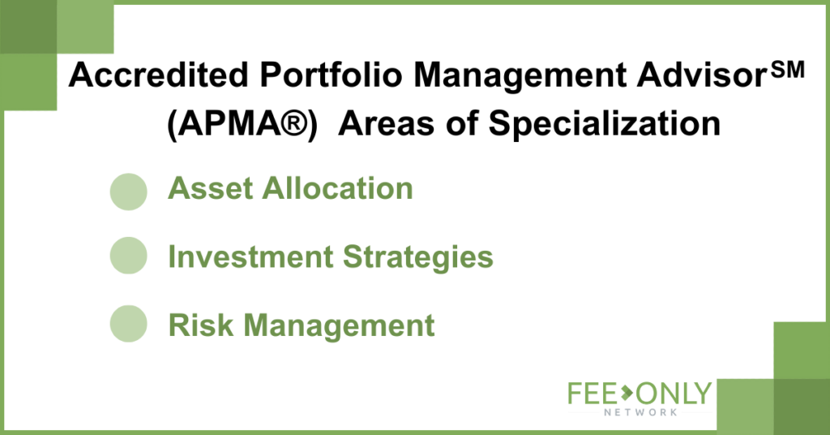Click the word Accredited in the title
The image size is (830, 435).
click(158, 75)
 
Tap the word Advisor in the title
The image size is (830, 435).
click(701, 75)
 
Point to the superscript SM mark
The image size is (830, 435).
click(788, 70)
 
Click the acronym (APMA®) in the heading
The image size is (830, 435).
click(242, 124)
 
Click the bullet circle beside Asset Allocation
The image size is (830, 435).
click(129, 192)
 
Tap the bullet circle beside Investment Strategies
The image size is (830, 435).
click(129, 256)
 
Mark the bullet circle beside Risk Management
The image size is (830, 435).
click(129, 324)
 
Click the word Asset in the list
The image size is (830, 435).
click(210, 188)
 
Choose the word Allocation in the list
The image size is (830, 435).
click(338, 188)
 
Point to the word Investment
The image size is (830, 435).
click(250, 256)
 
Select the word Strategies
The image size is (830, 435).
click(418, 257)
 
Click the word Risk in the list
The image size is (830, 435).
click(201, 325)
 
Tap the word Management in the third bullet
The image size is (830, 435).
click(339, 326)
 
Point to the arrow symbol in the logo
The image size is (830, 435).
click(627, 394)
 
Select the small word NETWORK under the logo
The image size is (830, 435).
click(640, 411)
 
